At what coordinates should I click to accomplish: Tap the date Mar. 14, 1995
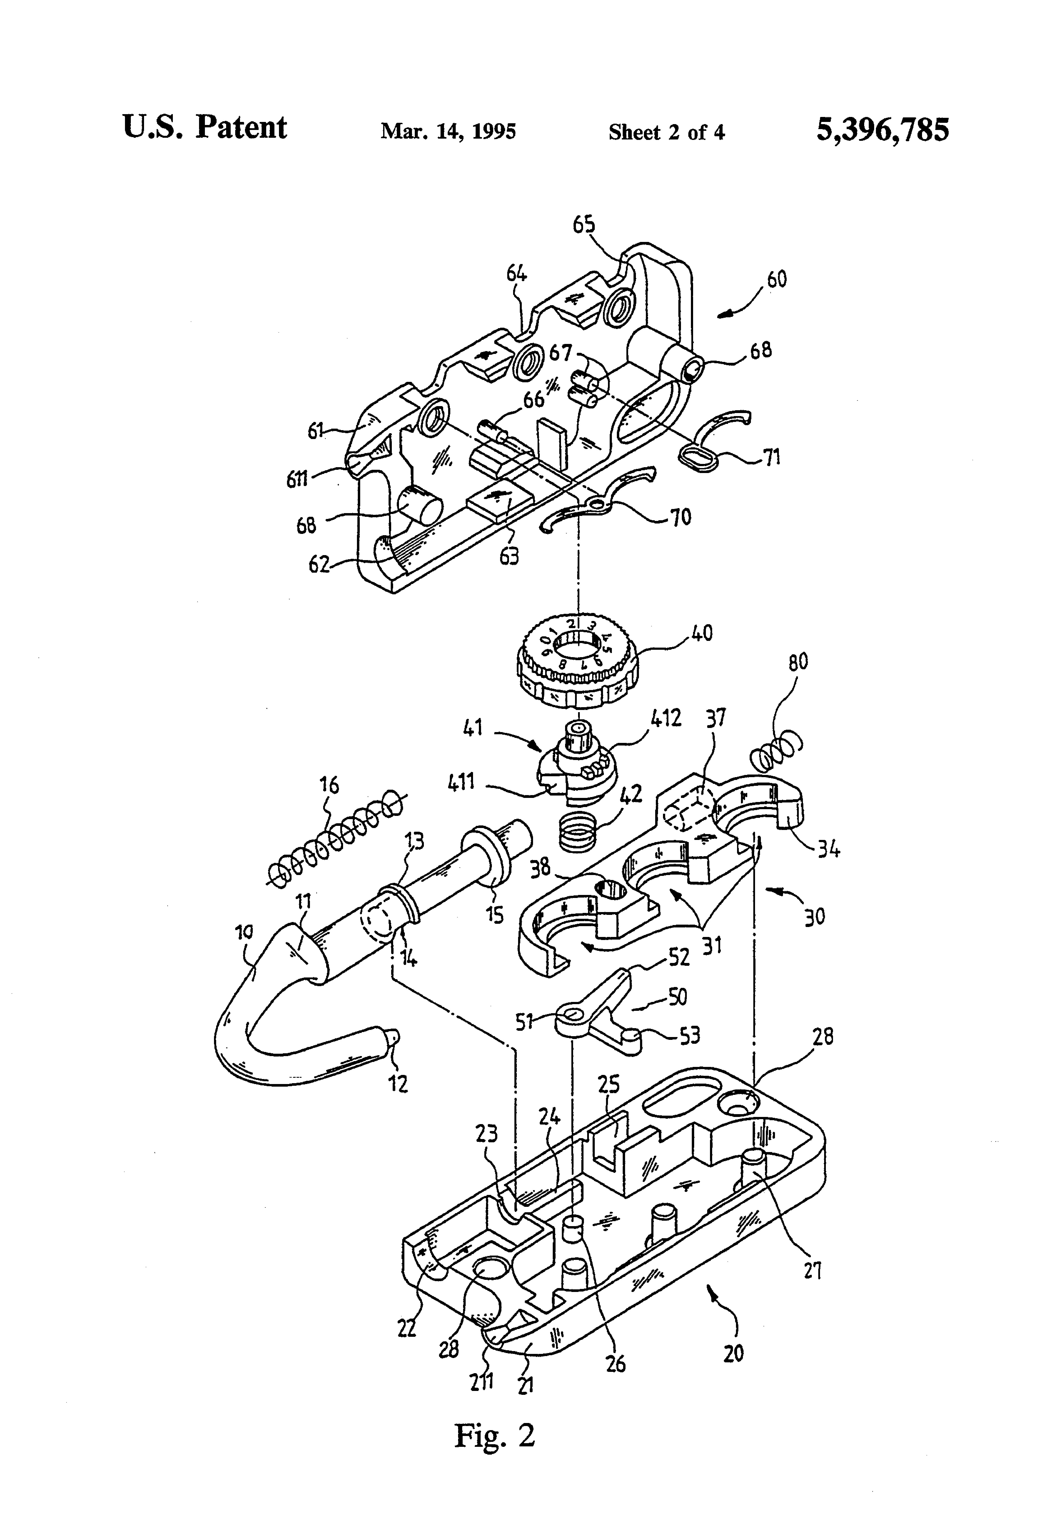tap(448, 131)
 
